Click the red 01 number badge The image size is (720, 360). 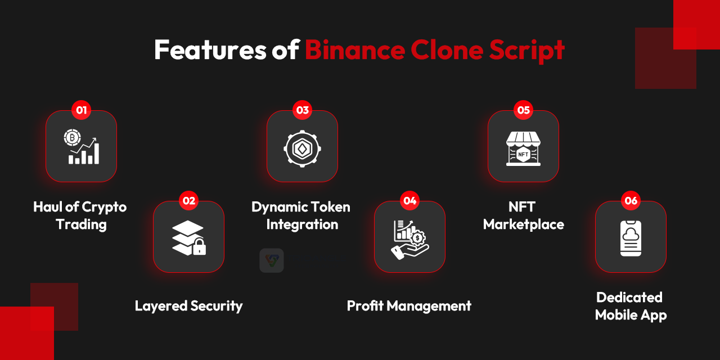point(82,110)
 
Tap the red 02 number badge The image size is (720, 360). point(190,201)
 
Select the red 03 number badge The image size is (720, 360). point(303,110)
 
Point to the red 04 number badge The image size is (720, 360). point(410,201)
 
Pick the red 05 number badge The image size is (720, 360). point(524,110)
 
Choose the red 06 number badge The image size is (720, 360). point(631,201)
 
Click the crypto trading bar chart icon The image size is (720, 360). point(82,147)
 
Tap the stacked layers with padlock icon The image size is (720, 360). point(189,237)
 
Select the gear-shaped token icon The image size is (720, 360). point(303,147)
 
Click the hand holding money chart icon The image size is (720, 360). point(410,238)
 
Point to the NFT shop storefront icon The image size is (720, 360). point(523,148)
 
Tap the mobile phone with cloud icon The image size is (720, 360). point(631,238)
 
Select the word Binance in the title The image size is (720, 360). point(354,50)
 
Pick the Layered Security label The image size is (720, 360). point(188,306)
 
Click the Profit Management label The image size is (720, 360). point(409,306)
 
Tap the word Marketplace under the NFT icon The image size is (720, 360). point(523,224)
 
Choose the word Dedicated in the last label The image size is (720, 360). point(629,297)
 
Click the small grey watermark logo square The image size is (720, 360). point(272,260)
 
